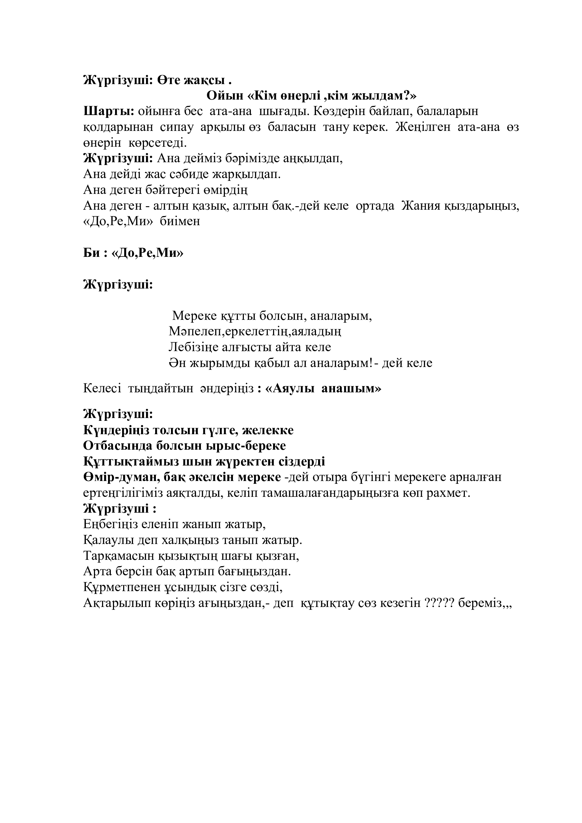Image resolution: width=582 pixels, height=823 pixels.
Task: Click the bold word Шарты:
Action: pyautogui.click(x=109, y=112)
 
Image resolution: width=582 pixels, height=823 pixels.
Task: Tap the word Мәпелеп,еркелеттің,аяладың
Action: pyautogui.click(x=255, y=331)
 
